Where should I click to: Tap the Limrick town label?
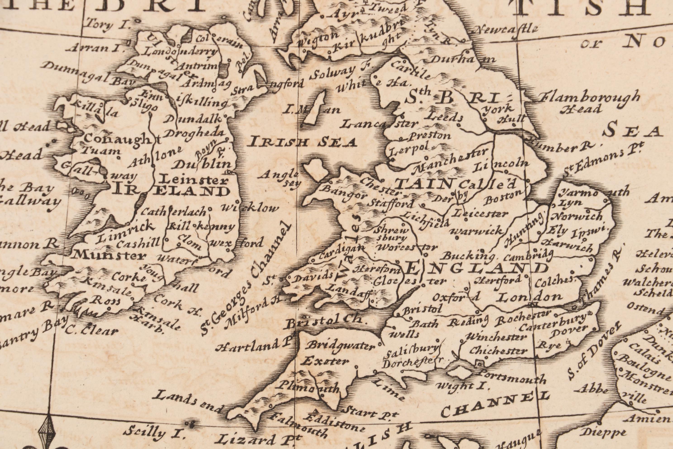click(x=126, y=231)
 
